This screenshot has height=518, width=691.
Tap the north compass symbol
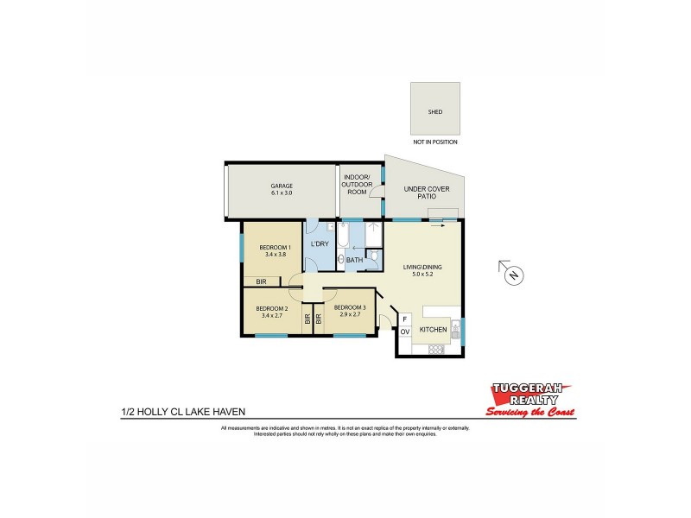(513, 275)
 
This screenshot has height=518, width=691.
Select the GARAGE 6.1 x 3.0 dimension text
(282, 193)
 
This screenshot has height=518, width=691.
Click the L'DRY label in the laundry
(319, 244)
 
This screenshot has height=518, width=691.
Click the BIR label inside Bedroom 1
(260, 281)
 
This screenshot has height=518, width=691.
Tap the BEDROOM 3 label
(350, 307)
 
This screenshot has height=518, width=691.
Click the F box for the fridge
(403, 319)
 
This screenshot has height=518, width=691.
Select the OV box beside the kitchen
(403, 331)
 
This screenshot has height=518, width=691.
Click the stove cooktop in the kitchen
(436, 348)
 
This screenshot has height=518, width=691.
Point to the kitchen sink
(456, 329)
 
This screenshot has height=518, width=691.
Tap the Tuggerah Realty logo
(531, 399)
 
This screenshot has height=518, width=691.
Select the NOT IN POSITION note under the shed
(434, 142)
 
